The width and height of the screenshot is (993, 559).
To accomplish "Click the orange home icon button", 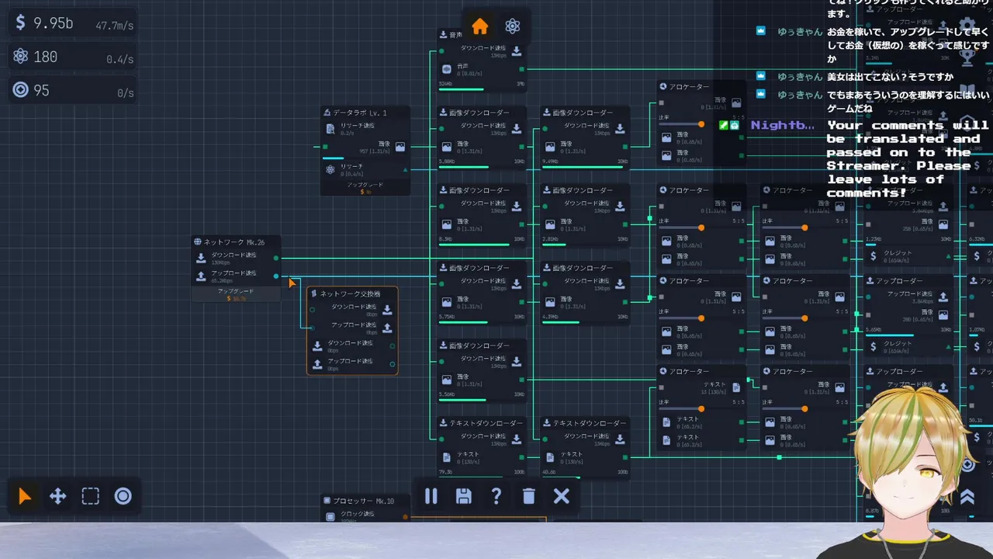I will click(480, 26).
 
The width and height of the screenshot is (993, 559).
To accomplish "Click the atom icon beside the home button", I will click(512, 26).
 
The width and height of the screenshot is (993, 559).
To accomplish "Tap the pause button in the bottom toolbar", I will click(431, 496).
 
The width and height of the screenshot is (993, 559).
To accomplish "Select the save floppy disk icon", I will click(464, 496).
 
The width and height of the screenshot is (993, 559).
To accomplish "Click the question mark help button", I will click(496, 496).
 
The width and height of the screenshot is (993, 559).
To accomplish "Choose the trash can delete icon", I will click(529, 496).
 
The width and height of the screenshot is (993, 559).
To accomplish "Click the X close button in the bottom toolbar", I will click(562, 496).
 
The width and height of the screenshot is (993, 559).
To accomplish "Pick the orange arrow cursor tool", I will click(26, 497).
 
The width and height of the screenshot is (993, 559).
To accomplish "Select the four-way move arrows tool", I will click(58, 497).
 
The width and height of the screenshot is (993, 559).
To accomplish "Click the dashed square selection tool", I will click(91, 497).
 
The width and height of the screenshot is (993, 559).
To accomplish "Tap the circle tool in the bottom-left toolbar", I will click(123, 497).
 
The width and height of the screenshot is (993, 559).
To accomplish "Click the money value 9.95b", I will click(53, 23).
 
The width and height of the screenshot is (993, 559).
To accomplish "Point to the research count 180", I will click(46, 57).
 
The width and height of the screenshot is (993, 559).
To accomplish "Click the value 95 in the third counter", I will click(41, 91).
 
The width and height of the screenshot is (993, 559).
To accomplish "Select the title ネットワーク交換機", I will click(350, 293).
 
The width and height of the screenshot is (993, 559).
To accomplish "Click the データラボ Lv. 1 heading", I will click(360, 113).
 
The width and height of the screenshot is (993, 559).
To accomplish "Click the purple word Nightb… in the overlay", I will click(782, 125).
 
